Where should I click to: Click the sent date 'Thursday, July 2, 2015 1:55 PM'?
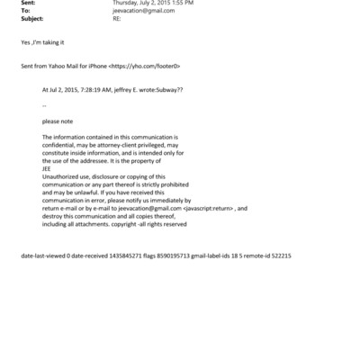(154, 4)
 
